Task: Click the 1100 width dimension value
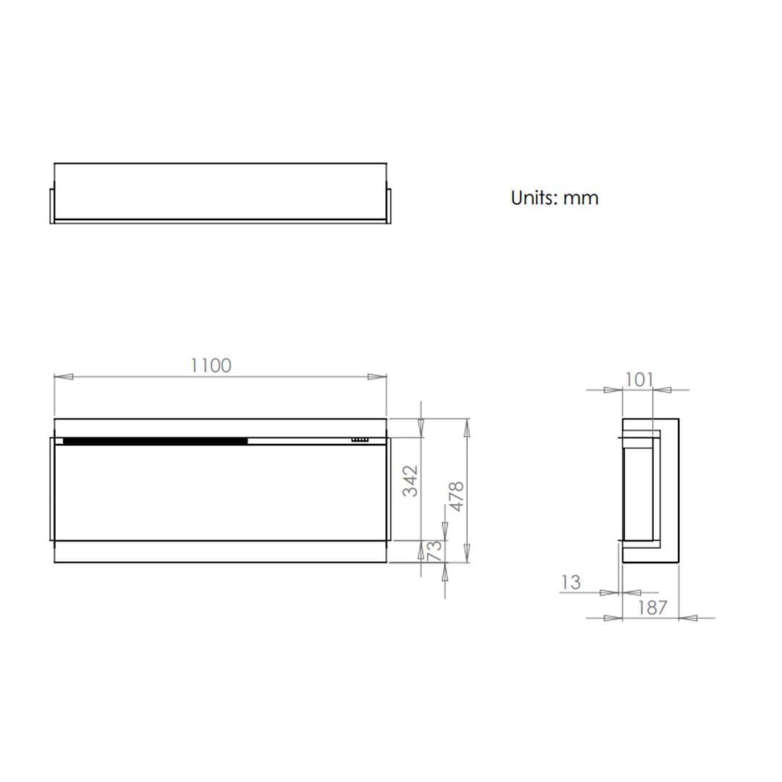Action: pyautogui.click(x=211, y=366)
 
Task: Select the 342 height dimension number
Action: pyautogui.click(x=411, y=481)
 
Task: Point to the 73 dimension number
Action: pyautogui.click(x=434, y=551)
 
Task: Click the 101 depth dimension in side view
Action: pyautogui.click(x=639, y=379)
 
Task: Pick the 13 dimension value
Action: pyautogui.click(x=571, y=582)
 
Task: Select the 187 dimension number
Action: pyautogui.click(x=652, y=607)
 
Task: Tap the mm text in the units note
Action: pyautogui.click(x=581, y=198)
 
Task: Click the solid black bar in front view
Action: pyautogui.click(x=155, y=440)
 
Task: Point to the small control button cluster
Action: pyautogui.click(x=360, y=439)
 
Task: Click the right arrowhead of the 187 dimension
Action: pyautogui.click(x=688, y=618)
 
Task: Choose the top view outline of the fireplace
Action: pyautogui.click(x=220, y=192)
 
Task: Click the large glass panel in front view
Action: pyautogui.click(x=220, y=492)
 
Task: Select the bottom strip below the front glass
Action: pyautogui.click(x=220, y=552)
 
